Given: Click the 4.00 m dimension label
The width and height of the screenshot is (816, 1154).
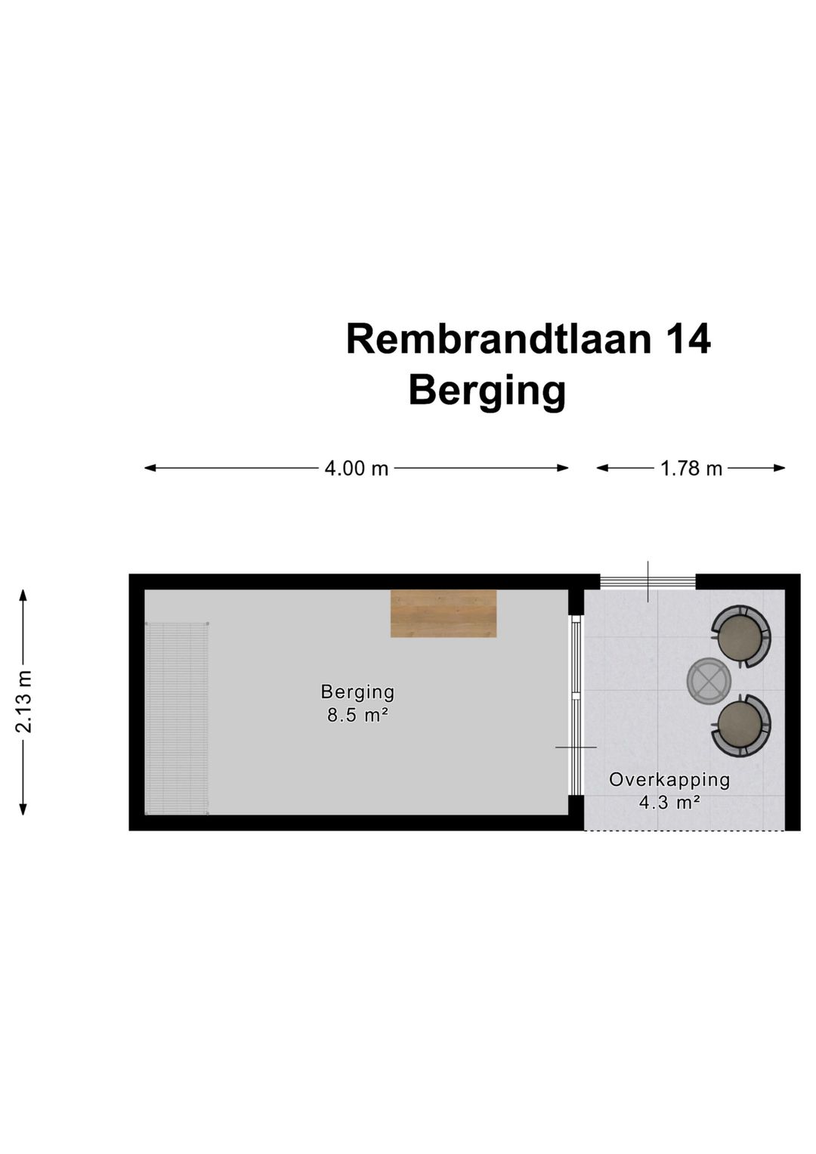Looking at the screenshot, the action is coord(356,469).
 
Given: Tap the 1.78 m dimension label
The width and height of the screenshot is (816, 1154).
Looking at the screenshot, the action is coord(691,469).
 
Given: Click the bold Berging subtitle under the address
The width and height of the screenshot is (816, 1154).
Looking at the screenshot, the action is coord(487,392).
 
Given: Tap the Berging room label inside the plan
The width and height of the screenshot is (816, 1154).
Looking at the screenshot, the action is coord(357,692).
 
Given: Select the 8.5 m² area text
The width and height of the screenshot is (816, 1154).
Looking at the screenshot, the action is coord(357,715).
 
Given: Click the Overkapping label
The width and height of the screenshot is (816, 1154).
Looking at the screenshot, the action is coord(669,780).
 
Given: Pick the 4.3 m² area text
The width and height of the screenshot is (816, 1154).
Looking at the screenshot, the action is coord(669,803).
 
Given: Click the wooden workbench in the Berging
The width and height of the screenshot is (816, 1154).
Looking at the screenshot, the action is coord(444,614).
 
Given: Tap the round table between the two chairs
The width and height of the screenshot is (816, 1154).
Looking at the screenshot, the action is coord(709,681).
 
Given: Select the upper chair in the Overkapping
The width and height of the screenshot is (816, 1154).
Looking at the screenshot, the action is coord(741,637).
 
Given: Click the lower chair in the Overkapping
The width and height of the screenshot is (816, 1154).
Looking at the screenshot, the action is coord(741,725).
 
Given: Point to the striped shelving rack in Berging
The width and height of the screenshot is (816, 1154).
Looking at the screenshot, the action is coord(178,719).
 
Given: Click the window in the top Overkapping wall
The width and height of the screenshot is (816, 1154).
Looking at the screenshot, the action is coord(648,582).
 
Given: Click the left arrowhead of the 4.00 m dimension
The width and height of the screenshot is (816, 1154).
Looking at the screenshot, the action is coord(150,468).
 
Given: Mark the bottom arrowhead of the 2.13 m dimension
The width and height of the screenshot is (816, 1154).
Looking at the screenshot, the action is coord(23,809).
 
